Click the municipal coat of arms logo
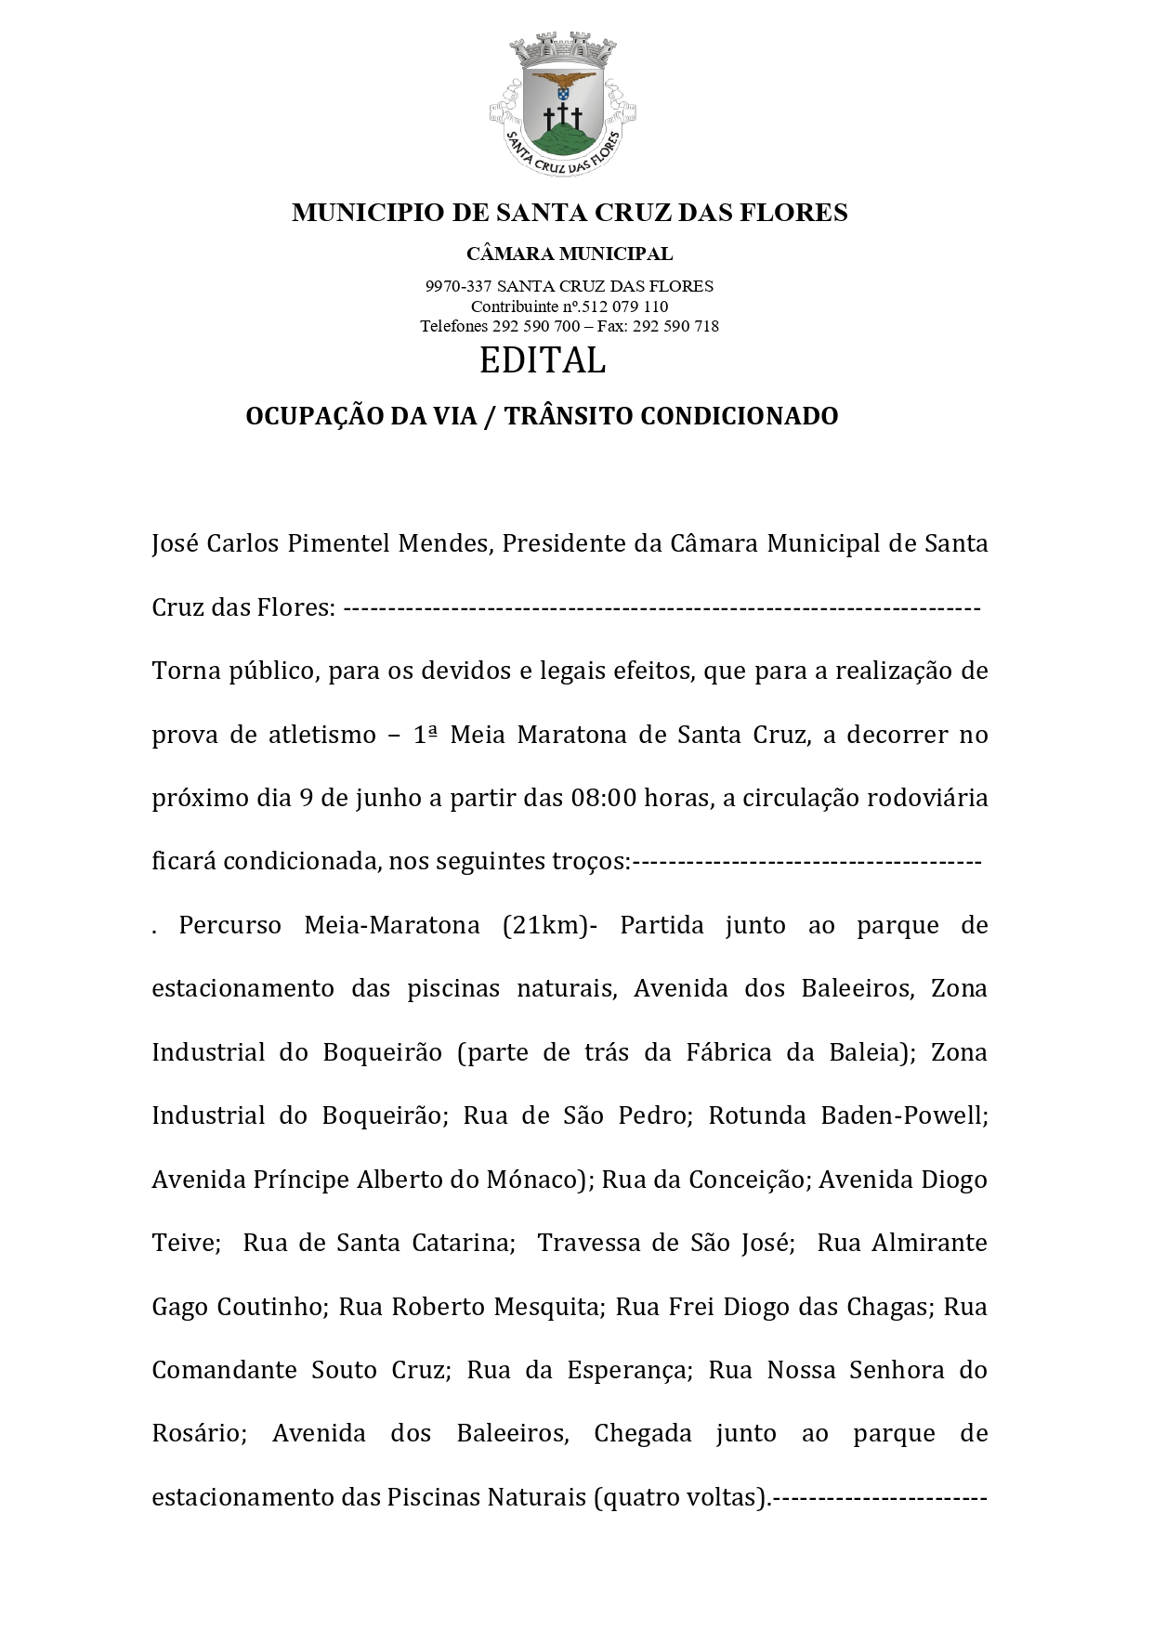click(562, 104)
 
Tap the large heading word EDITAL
click(543, 360)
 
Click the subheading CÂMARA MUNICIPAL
click(570, 254)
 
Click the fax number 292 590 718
click(681, 326)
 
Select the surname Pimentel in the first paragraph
click(338, 543)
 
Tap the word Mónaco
click(537, 1180)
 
